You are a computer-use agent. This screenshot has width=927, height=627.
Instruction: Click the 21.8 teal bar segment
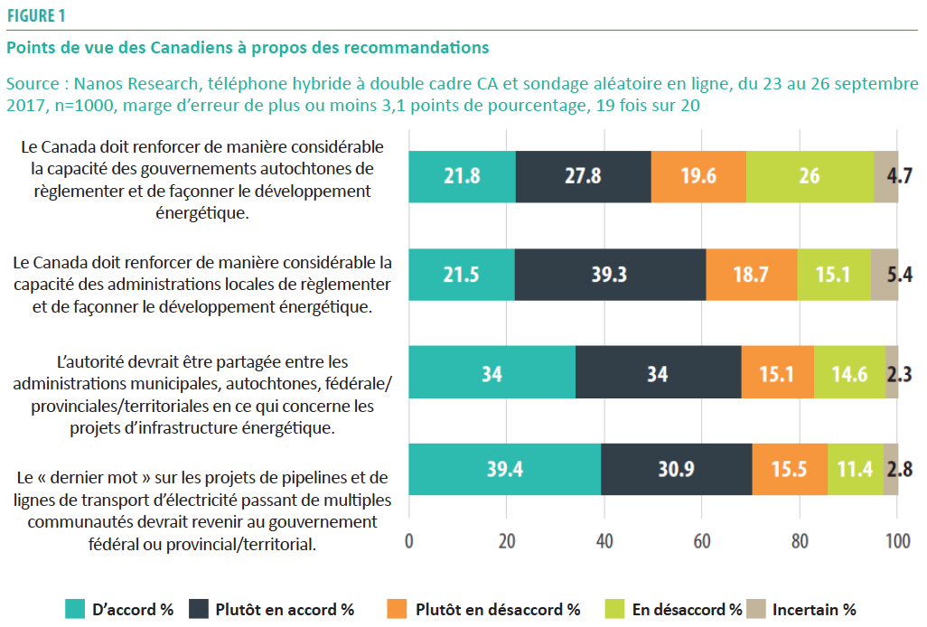(x=462, y=175)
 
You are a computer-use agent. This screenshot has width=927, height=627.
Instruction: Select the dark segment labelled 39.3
(x=610, y=274)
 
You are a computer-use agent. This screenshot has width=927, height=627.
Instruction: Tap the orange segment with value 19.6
(x=698, y=175)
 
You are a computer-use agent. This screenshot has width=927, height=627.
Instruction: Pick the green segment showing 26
(x=810, y=175)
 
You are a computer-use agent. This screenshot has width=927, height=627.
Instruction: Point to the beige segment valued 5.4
(x=885, y=274)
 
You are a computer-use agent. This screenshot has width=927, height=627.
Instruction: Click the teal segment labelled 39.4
(x=504, y=470)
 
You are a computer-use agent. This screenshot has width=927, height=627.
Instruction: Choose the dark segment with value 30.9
(x=676, y=470)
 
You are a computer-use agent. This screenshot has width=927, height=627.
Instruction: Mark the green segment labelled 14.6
(x=849, y=372)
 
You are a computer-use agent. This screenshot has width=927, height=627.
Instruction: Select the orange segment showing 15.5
(x=789, y=470)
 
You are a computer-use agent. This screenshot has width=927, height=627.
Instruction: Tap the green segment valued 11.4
(x=855, y=470)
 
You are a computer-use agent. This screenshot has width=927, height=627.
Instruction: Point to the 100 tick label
(x=897, y=541)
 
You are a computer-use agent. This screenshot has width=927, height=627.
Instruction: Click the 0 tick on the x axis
(x=409, y=541)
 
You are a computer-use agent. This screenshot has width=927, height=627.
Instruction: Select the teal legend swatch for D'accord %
(x=75, y=609)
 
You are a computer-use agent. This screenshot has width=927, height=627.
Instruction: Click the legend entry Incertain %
(x=813, y=609)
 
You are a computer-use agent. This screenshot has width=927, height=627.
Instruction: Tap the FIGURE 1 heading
(x=36, y=15)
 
